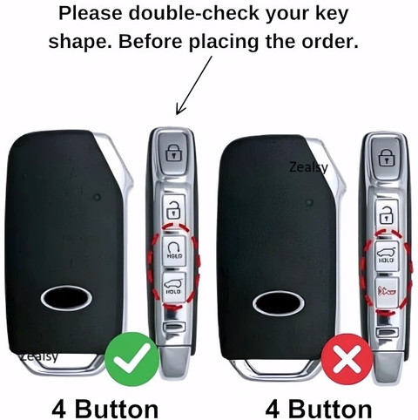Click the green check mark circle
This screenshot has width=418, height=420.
coord(132,359)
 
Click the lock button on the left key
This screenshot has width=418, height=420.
coord(173,153)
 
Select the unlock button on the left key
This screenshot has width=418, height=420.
coord(173,208)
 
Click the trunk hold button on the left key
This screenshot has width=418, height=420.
coord(173,286)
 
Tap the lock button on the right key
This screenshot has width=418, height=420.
coord(386,159)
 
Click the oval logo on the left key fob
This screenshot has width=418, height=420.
coord(66,298)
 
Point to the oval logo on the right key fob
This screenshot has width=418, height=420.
coord(279,303)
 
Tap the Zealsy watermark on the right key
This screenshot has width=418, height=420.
coord(308,167)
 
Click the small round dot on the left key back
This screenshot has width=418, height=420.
coord(97,197)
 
